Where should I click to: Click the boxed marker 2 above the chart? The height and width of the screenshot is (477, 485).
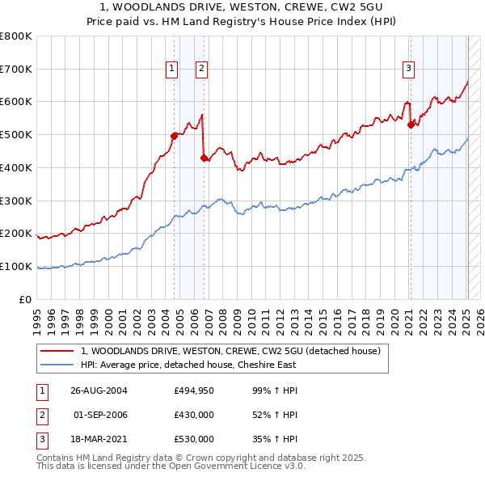tap(200, 70)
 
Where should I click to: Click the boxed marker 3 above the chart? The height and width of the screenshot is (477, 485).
tap(409, 70)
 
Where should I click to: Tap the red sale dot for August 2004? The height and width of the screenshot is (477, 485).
tap(174, 136)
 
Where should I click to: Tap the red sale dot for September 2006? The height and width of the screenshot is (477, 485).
tap(204, 158)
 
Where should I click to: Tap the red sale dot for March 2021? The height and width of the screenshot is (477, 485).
tap(411, 125)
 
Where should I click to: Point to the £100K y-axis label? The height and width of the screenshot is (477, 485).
tap(16, 266)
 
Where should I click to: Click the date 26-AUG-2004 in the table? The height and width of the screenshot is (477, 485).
tap(99, 390)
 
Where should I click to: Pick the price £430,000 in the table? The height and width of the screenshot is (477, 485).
tap(194, 415)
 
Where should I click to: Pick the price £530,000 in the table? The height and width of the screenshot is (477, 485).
tap(194, 439)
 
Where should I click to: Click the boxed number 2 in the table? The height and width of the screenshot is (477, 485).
tap(41, 415)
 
